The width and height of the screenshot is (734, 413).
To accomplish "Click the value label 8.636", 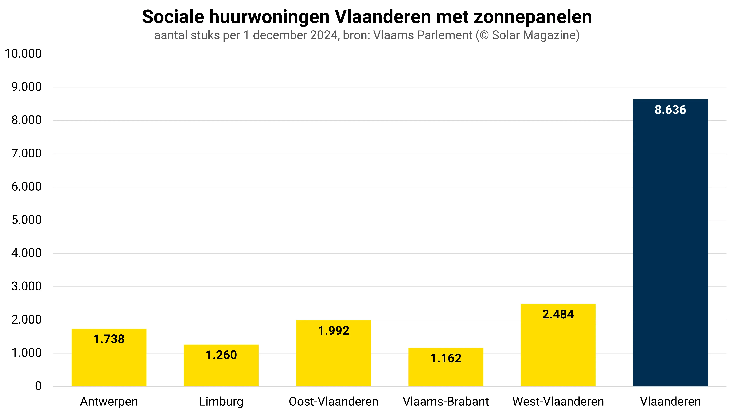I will [x=670, y=110].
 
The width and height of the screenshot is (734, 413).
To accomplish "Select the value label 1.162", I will [x=446, y=358].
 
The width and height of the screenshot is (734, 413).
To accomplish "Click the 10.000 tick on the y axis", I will [x=23, y=54].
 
